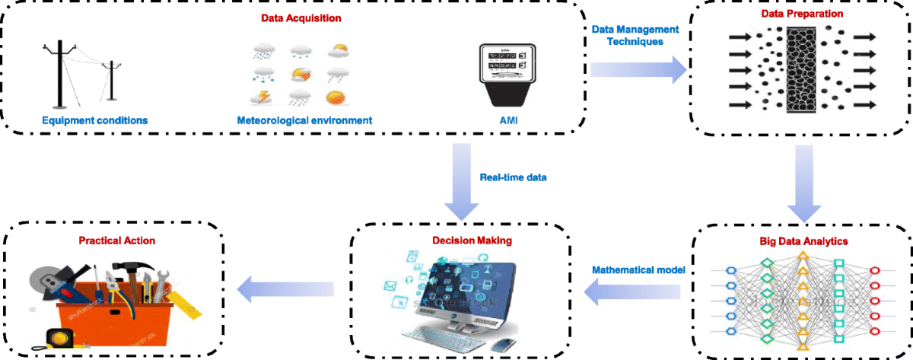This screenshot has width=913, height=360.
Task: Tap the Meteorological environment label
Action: [x=304, y=119]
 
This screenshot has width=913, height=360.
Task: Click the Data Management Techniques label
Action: [x=635, y=35]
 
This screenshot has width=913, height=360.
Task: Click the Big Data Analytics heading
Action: [x=803, y=241]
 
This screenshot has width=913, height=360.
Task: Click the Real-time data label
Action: [x=514, y=177]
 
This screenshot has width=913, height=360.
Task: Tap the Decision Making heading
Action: [x=461, y=241]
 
